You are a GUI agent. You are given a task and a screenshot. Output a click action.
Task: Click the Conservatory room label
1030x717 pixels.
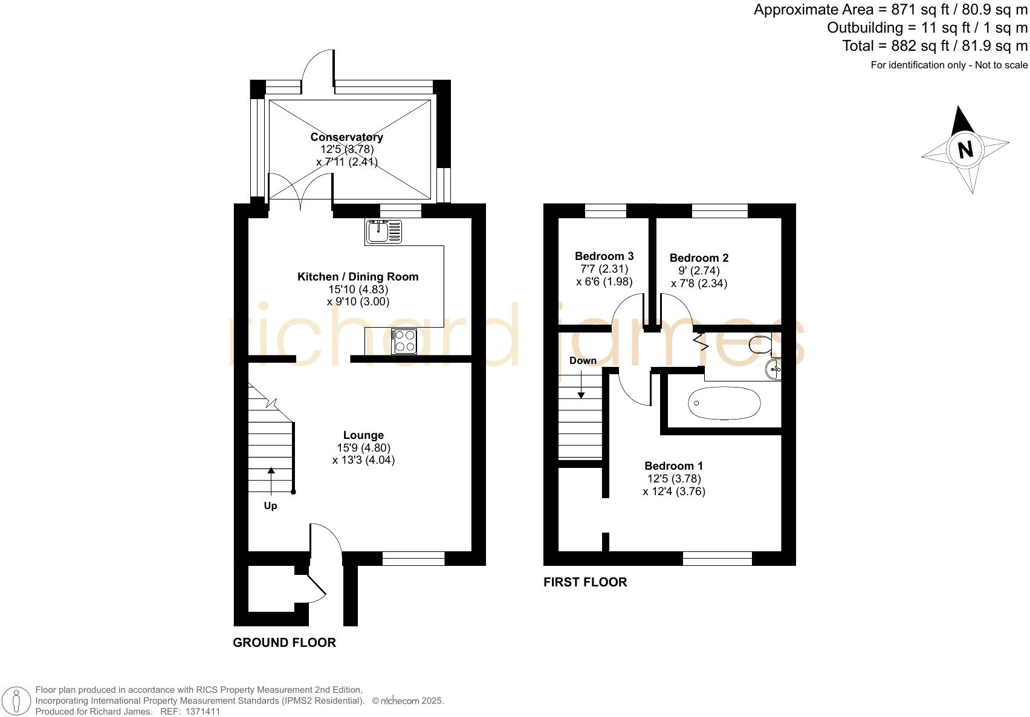point(346,137)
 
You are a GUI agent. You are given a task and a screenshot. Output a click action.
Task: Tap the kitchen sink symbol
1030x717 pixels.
point(383,232)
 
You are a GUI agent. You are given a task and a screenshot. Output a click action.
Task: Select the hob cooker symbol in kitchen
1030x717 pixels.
point(404,341)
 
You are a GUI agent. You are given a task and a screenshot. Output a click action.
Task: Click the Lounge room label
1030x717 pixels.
point(363,435)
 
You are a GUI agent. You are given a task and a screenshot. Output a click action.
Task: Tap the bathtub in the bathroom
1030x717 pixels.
point(724,403)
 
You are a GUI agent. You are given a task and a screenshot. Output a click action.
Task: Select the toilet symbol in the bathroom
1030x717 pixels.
point(759,345)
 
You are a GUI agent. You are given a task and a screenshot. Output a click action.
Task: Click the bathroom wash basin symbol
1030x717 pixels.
point(773,369)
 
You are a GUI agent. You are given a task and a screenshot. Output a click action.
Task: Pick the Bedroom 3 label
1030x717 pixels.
point(604,256)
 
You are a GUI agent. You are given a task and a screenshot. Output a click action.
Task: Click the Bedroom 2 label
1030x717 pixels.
point(699,258)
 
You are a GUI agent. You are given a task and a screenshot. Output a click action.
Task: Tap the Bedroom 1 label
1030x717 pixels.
point(673,466)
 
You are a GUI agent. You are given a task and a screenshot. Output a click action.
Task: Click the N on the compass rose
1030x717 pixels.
point(965,149)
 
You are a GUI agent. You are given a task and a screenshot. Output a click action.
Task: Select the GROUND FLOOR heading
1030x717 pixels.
point(284,643)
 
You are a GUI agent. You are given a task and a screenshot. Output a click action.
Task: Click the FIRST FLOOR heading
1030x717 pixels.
point(585,582)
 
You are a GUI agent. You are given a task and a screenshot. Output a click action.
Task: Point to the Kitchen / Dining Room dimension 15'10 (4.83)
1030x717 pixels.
point(358,290)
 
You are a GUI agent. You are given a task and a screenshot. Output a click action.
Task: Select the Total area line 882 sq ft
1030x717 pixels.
point(934,46)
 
